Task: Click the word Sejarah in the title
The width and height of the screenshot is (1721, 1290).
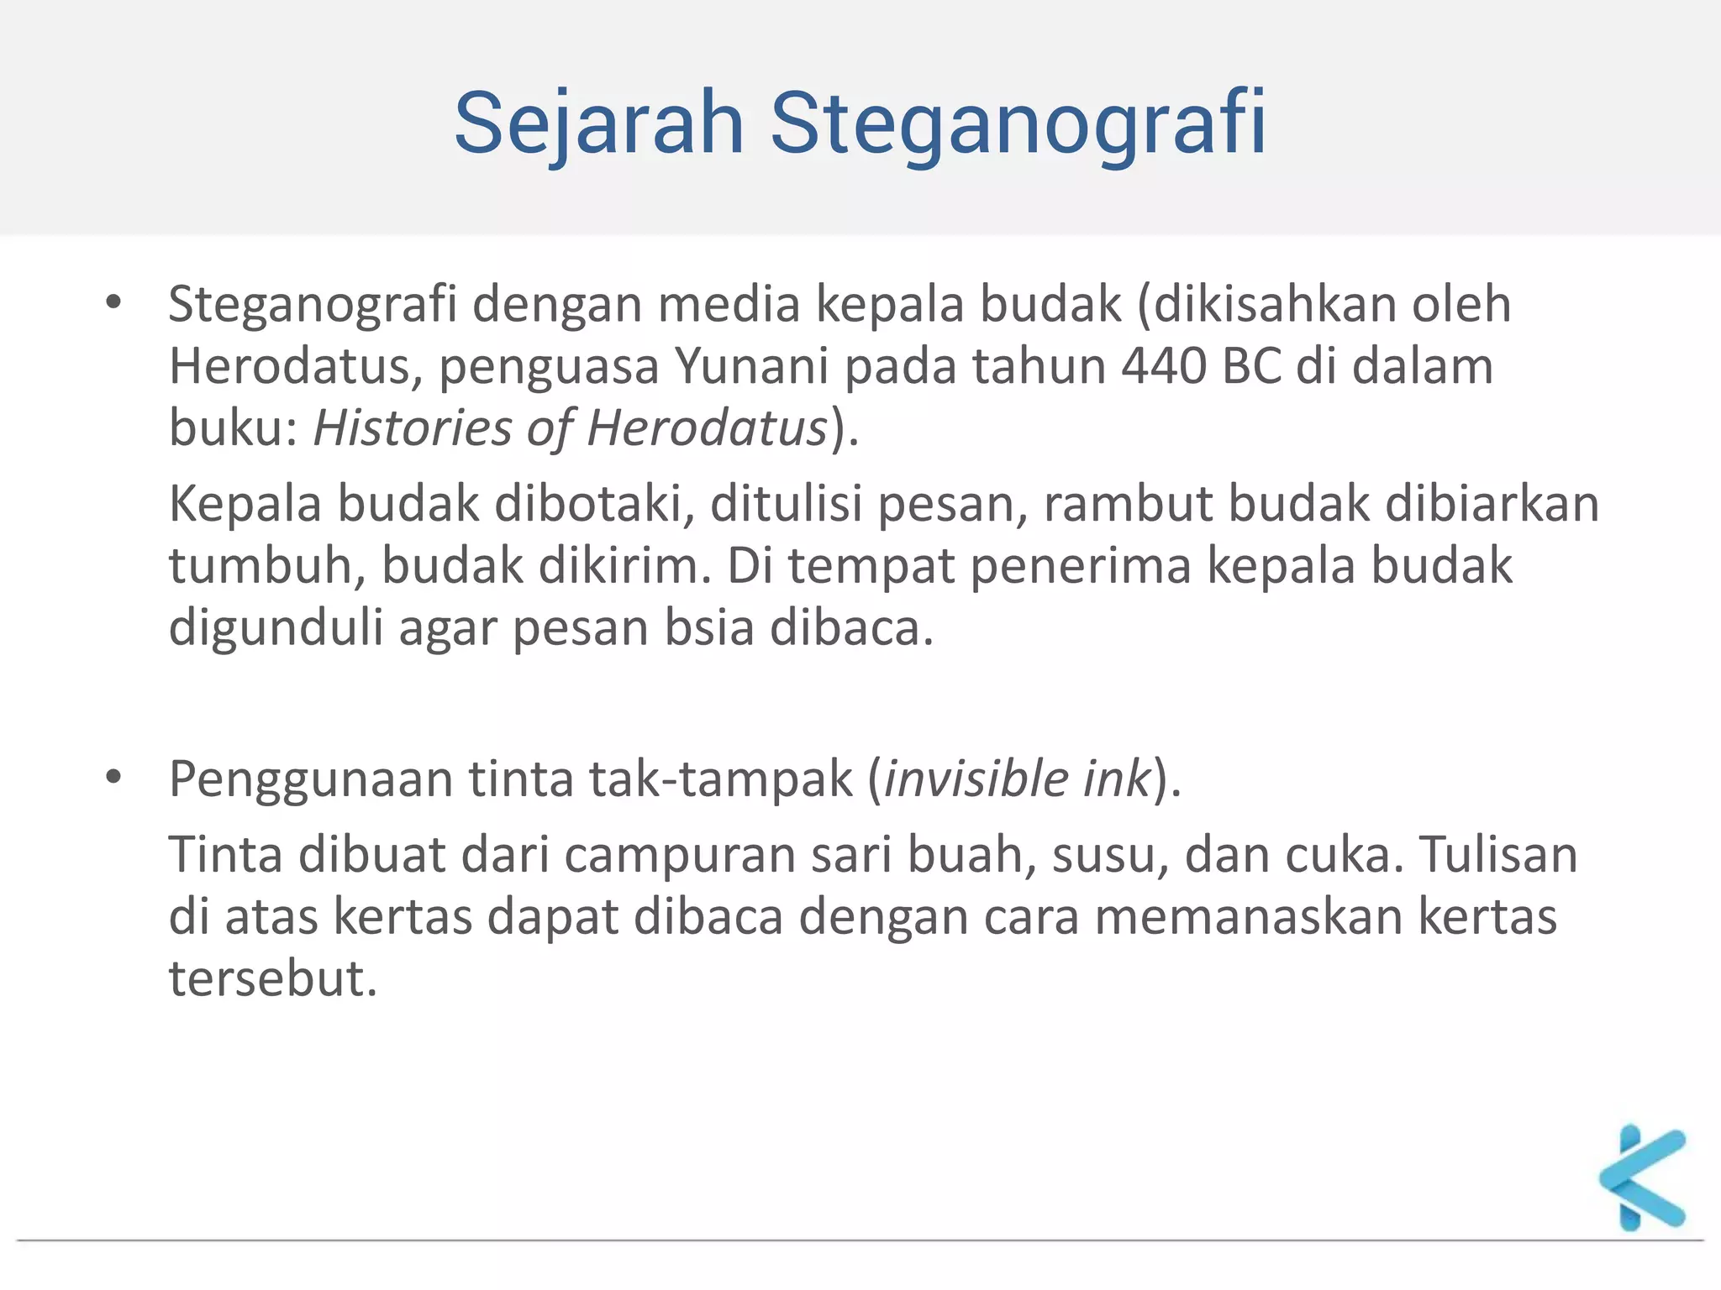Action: (599, 124)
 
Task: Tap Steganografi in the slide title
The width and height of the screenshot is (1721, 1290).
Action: (1018, 124)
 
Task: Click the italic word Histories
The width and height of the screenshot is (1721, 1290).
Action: (412, 428)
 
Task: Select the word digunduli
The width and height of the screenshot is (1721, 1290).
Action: (276, 628)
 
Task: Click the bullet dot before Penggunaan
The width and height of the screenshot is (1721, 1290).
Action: (113, 778)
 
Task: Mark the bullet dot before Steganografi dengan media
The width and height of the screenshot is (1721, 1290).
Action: (113, 302)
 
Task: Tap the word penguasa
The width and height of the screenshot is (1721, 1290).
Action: (549, 367)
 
